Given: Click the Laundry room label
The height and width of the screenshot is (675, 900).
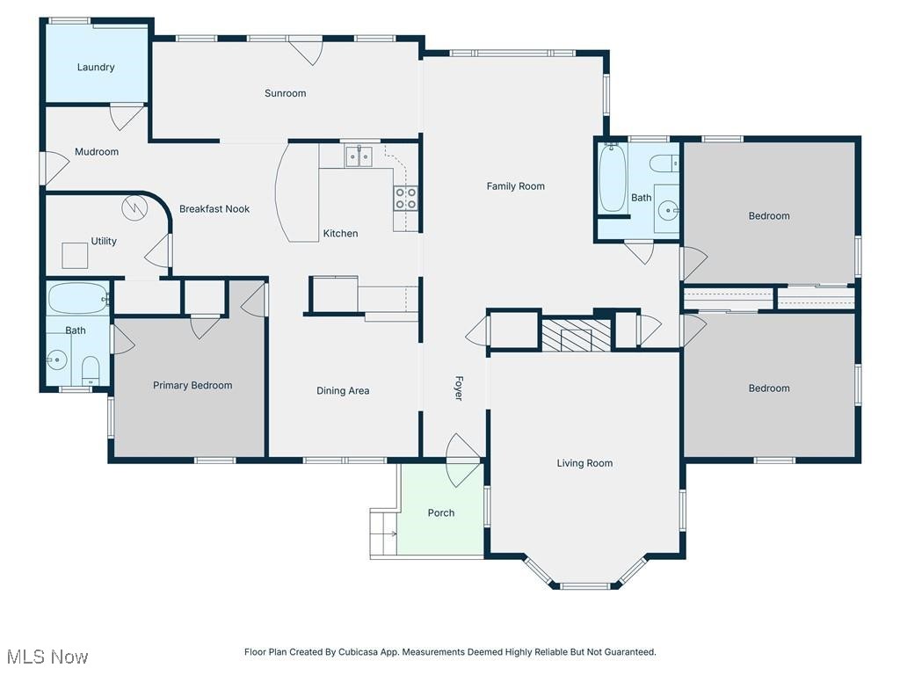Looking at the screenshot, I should tap(96, 67).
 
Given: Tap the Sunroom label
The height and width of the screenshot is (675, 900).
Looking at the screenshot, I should tap(286, 93).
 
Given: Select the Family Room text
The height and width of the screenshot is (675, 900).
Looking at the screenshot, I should tap(516, 186).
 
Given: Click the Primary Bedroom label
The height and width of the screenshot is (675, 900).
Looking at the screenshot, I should tap(192, 386).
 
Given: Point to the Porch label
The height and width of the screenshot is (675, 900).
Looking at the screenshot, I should tap(441, 513).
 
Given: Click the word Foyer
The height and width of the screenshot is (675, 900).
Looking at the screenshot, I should tap(458, 389).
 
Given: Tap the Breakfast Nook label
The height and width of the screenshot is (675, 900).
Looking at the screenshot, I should tap(214, 209).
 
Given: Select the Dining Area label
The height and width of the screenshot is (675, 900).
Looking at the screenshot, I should tap(343, 391).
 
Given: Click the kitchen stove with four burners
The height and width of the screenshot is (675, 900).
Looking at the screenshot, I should tap(405, 198).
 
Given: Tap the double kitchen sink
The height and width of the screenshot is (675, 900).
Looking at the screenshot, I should tap(359, 157).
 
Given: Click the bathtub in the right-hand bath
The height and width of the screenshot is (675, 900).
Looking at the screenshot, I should tap(613, 178).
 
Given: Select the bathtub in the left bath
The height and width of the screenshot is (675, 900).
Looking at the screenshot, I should tap(77, 299).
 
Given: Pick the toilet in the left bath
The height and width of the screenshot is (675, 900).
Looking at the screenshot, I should tap(91, 369).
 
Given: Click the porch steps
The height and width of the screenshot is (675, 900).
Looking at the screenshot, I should tap(383, 533).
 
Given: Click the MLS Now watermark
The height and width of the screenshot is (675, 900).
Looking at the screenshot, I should tap(47, 657).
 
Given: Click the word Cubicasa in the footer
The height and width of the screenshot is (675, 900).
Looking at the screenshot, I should tap(367, 652).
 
